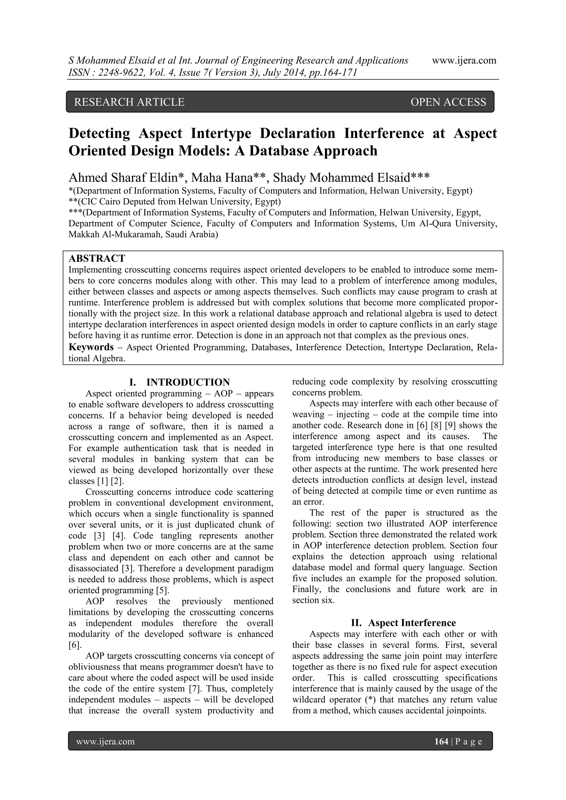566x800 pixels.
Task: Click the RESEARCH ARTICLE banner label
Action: tap(129, 102)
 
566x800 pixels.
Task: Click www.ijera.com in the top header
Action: tap(464, 60)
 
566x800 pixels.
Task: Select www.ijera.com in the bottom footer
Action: tap(105, 741)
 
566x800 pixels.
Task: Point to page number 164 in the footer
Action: tap(441, 741)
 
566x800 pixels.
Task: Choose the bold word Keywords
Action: tap(91, 347)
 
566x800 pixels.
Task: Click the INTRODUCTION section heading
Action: tap(188, 382)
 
